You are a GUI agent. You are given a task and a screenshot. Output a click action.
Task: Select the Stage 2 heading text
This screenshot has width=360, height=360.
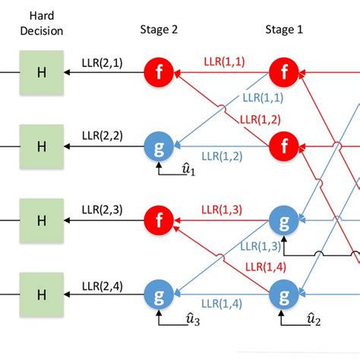click(159, 30)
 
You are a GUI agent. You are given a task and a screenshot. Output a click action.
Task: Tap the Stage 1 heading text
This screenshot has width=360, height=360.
click(283, 30)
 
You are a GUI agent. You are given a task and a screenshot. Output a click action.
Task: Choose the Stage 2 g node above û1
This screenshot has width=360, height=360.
click(159, 145)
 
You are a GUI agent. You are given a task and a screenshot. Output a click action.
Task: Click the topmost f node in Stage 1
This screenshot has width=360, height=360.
click(283, 73)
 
